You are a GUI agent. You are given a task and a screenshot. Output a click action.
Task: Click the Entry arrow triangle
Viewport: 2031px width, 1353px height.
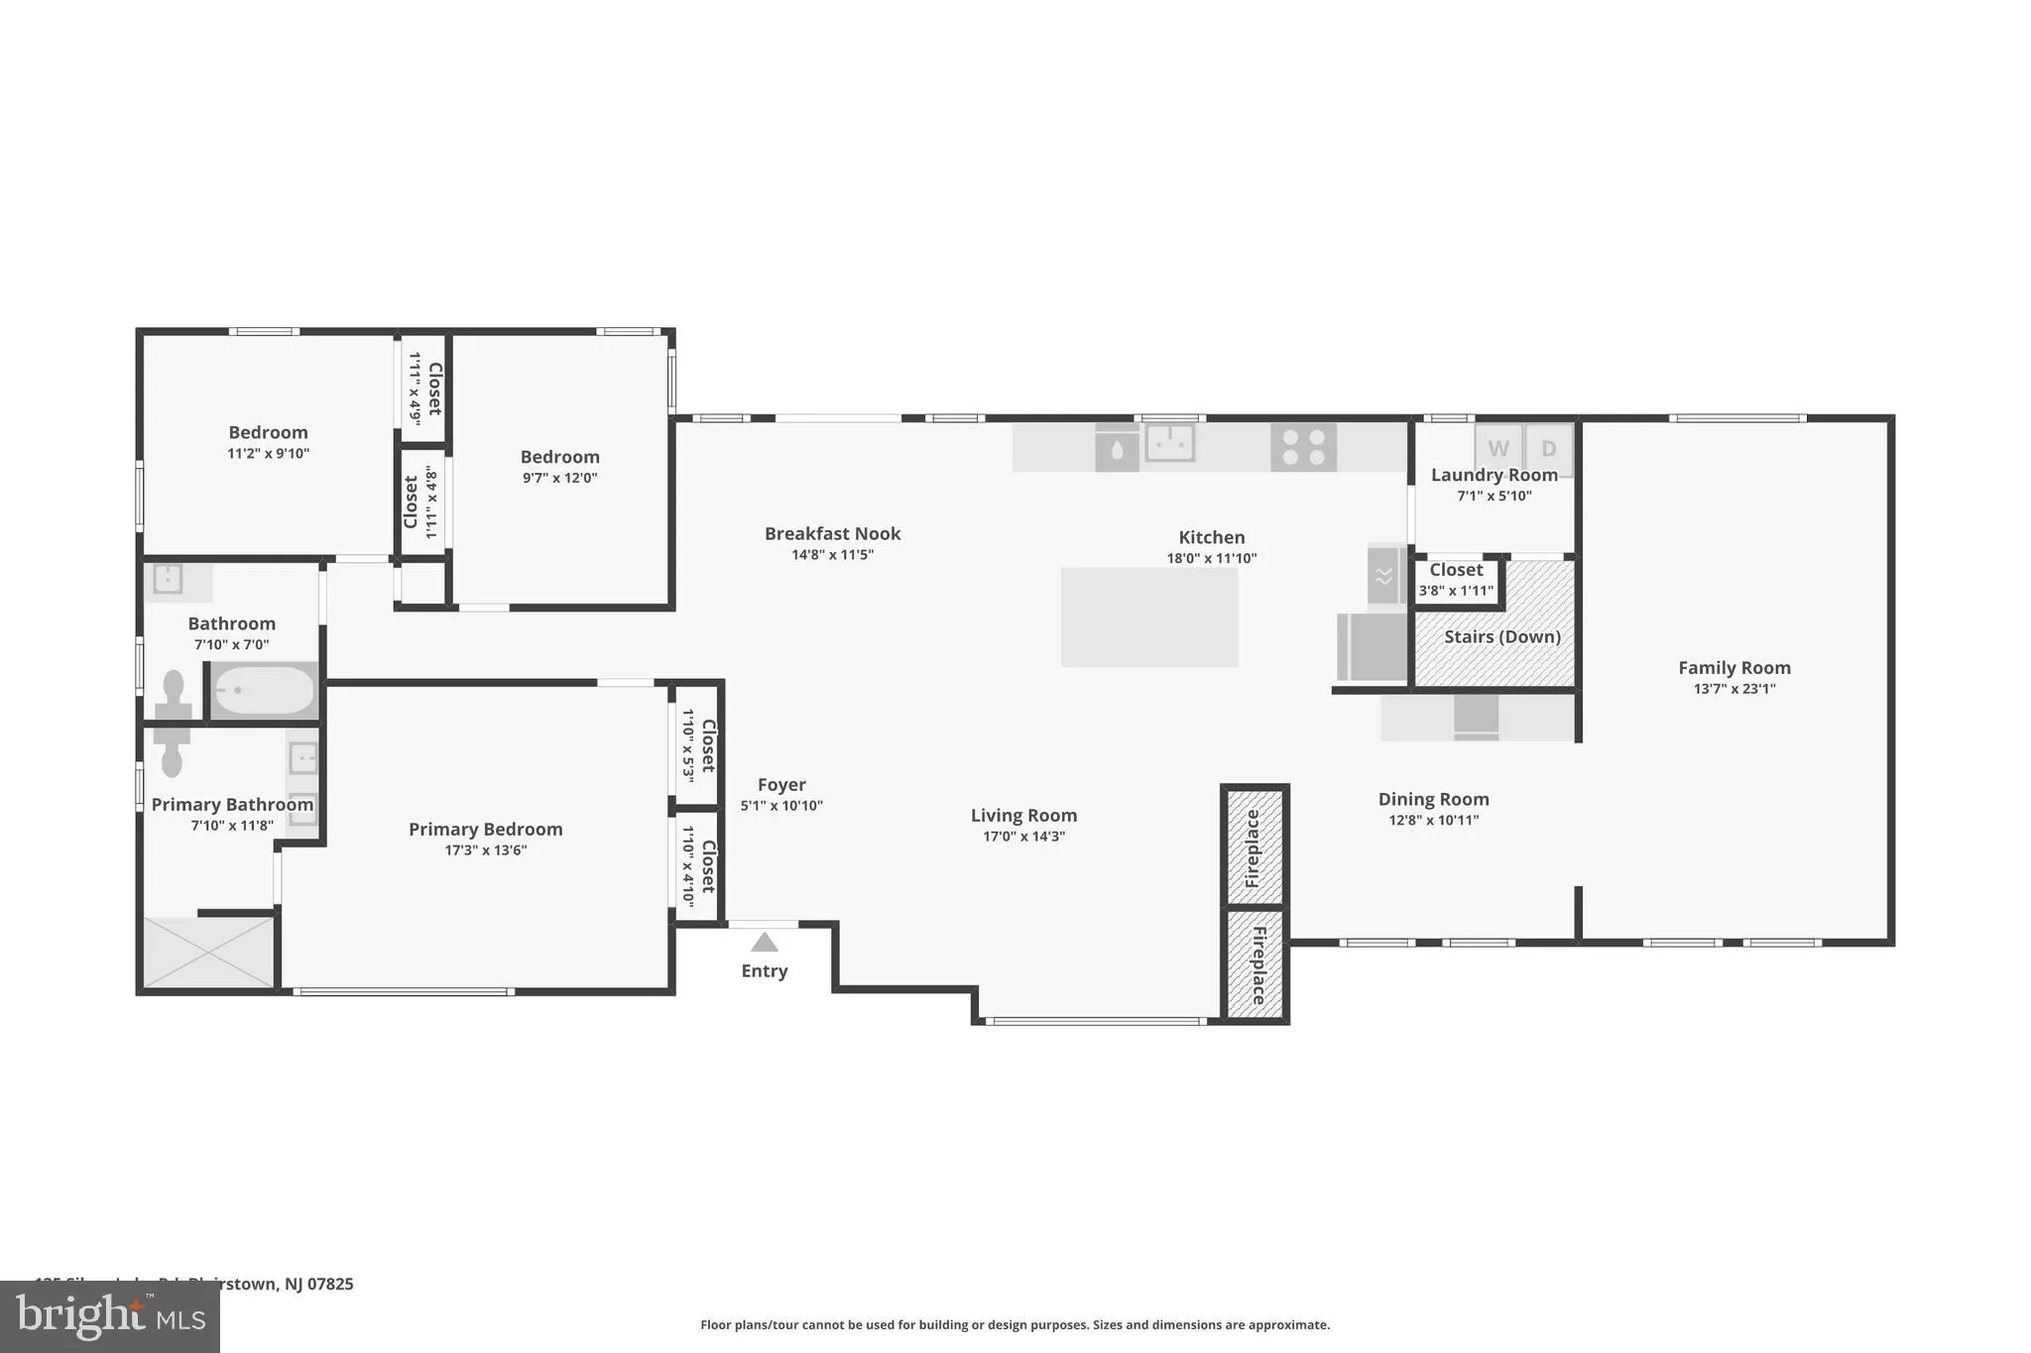[764, 943]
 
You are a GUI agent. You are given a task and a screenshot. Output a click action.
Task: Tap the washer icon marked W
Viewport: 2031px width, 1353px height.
[1497, 448]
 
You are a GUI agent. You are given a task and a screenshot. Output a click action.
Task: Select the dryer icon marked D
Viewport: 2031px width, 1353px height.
[1548, 448]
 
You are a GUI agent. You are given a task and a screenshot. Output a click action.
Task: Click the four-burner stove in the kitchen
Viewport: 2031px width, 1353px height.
[1303, 447]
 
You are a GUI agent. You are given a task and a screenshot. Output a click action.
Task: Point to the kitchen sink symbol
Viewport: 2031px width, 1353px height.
[1169, 442]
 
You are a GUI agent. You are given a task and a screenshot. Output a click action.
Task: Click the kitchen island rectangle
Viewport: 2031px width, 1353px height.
[1149, 617]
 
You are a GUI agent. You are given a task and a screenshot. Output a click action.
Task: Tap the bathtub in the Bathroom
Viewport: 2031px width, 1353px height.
[264, 690]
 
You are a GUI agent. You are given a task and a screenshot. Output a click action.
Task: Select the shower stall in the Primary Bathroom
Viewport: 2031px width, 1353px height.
[208, 952]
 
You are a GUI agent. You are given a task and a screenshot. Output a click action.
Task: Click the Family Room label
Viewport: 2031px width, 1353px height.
[1733, 668]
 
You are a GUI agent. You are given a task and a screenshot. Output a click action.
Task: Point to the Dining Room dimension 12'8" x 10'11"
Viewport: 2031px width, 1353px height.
[1433, 820]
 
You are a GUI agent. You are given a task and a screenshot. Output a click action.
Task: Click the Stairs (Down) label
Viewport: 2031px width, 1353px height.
[1501, 636]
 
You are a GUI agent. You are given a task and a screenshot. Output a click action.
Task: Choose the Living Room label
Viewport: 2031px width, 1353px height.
[1023, 816]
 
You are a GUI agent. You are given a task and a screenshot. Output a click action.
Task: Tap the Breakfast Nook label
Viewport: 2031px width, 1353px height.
[832, 533]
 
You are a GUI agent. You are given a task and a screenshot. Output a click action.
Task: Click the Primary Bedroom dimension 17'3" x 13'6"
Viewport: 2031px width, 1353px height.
[485, 850]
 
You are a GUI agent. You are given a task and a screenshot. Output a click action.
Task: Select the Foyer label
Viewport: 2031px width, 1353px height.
[781, 785]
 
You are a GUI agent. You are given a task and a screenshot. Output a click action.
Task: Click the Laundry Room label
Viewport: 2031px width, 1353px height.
[1493, 475]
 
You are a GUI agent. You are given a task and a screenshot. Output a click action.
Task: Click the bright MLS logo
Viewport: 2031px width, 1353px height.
[110, 1316]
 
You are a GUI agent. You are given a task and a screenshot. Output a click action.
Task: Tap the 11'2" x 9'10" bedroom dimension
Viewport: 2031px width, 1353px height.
[268, 454]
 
